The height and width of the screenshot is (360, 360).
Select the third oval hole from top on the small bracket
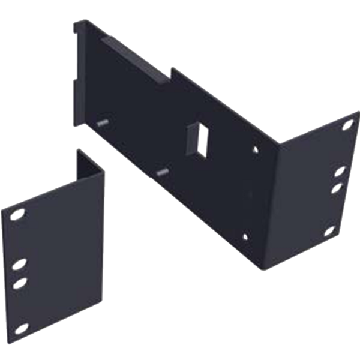pos(21,281)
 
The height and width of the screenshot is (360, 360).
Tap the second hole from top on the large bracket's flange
pos(338,173)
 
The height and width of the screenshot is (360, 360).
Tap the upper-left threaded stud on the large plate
pos(101,121)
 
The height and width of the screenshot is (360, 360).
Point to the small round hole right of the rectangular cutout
pos(256,146)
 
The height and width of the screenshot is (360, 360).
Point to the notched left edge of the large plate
pos(74,90)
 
